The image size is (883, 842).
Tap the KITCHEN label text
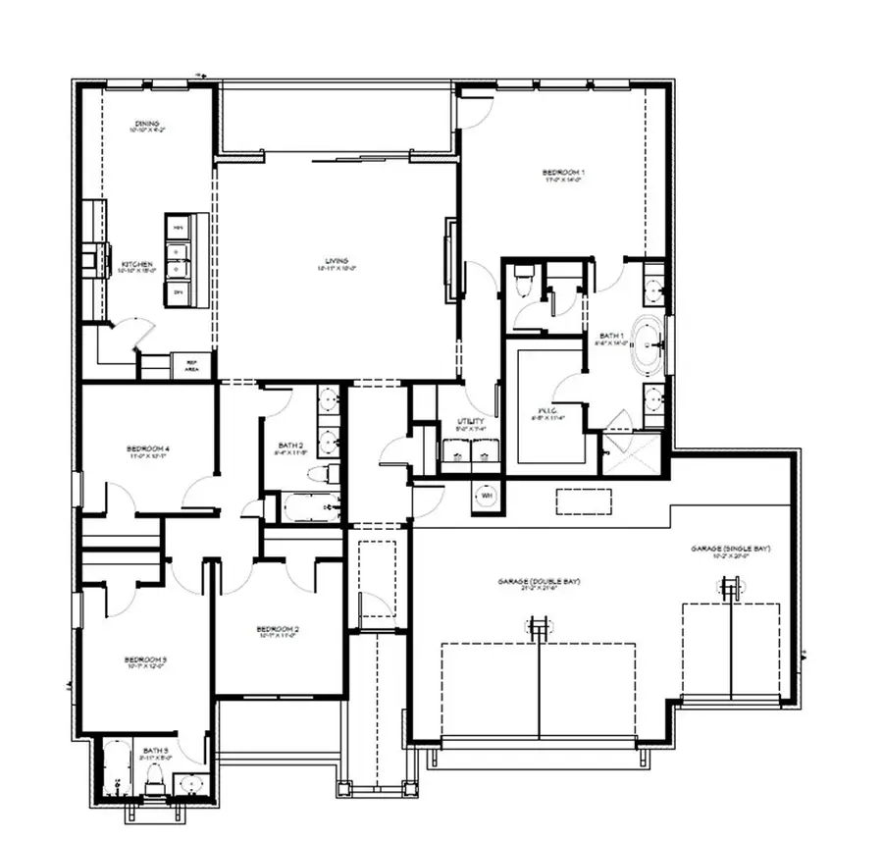pos(136,265)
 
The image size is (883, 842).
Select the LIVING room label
pos(337,262)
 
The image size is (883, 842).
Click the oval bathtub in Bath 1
pos(647,345)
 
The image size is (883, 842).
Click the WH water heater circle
pos(486,496)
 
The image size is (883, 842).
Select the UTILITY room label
pos(470,422)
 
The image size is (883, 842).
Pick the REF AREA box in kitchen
pos(192,366)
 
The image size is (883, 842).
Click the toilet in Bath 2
pos(321,474)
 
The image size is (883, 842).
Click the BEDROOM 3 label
pos(145,659)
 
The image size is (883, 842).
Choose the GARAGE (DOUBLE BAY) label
pos(539,582)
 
